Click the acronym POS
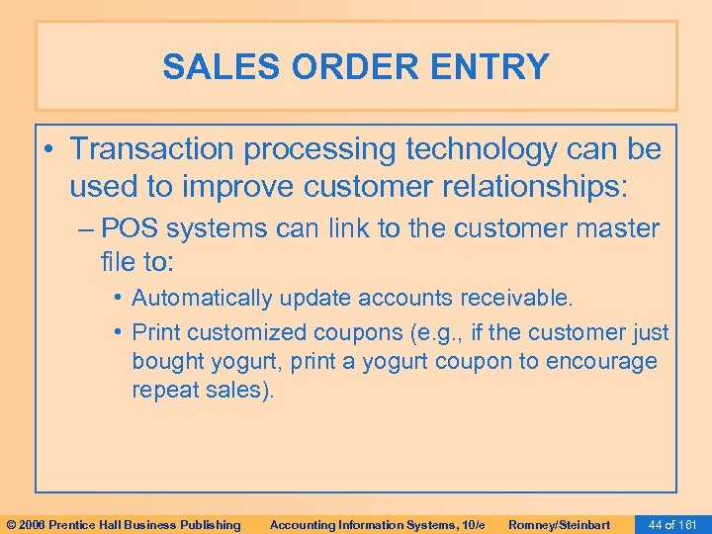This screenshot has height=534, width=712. pos(130,228)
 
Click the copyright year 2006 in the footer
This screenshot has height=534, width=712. pos(33,524)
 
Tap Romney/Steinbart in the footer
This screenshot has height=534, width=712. pos(559,524)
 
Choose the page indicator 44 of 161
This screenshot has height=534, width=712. pos(671,524)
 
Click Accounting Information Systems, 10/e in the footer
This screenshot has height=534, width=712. pos(377,524)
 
